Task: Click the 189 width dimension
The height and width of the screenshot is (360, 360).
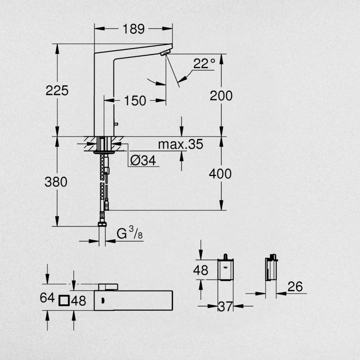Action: [133, 29]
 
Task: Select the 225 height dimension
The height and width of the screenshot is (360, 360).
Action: [57, 90]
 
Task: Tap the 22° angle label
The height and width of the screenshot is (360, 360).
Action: [204, 64]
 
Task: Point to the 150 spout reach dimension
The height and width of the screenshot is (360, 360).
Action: [135, 100]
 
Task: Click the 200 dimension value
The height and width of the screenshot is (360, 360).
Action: [221, 96]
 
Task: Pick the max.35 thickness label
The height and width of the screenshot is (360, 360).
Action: [180, 144]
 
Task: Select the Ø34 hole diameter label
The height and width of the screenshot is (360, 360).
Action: [143, 161]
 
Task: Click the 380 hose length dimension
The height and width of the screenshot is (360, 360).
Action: [56, 182]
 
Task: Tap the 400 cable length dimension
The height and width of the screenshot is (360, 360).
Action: [220, 174]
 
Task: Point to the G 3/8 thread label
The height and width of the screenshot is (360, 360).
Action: [130, 234]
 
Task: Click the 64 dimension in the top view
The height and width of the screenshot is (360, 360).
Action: [47, 298]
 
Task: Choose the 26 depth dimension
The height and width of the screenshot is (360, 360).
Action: [295, 287]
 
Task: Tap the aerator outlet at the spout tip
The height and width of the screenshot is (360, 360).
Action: [165, 53]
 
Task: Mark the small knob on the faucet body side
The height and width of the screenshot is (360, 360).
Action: [116, 124]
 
